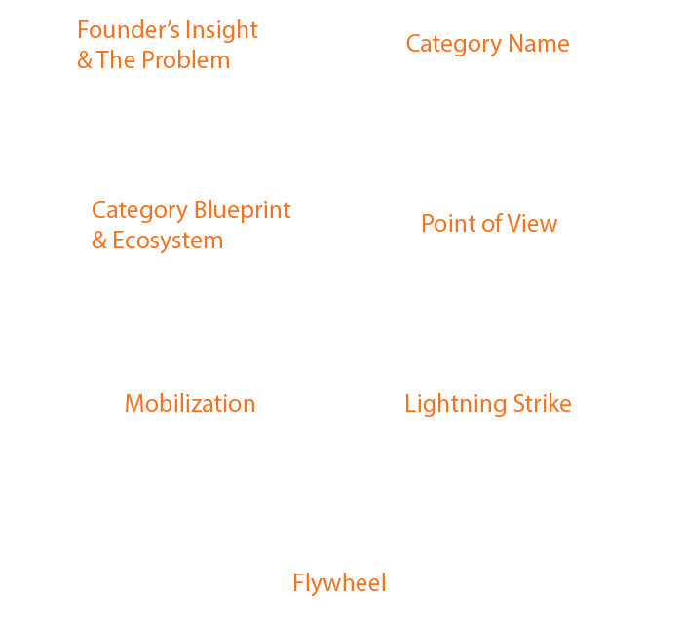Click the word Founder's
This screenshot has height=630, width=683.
point(129,30)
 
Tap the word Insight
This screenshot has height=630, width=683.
point(222,31)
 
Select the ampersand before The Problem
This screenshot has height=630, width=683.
point(85,60)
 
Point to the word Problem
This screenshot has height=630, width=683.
point(186,60)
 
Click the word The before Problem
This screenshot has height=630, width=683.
point(116,60)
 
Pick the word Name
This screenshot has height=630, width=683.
point(539,44)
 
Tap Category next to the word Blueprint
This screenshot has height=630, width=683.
point(140,211)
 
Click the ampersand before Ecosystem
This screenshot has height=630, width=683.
point(98,241)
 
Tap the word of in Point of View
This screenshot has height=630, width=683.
point(491,224)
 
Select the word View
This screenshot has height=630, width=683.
point(531,224)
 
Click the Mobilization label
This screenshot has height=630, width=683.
point(190,404)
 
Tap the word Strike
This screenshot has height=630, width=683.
point(543,403)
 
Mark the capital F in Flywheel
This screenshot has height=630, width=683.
point(299,583)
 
